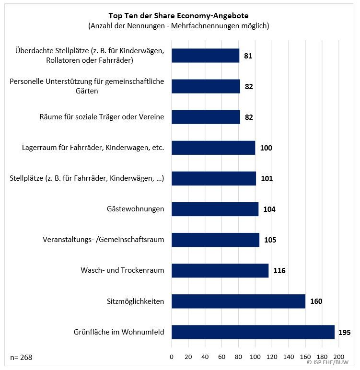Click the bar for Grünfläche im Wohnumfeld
(253, 332)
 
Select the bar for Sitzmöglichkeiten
(238, 301)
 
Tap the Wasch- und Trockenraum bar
(220, 270)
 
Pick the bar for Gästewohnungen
(215, 209)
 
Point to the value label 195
(344, 332)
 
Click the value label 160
(316, 301)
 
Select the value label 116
(279, 271)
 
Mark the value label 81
(247, 56)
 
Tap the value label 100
(266, 148)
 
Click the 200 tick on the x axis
(338, 357)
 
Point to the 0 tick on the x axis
(172, 357)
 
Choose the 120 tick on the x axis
(272, 357)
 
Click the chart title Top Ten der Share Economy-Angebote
(179, 15)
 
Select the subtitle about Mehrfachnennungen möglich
(179, 26)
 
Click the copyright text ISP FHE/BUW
(332, 363)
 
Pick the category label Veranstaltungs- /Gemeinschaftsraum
(104, 240)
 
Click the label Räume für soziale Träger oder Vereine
(102, 117)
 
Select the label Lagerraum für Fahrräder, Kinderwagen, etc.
(93, 148)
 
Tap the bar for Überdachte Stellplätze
(205, 56)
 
